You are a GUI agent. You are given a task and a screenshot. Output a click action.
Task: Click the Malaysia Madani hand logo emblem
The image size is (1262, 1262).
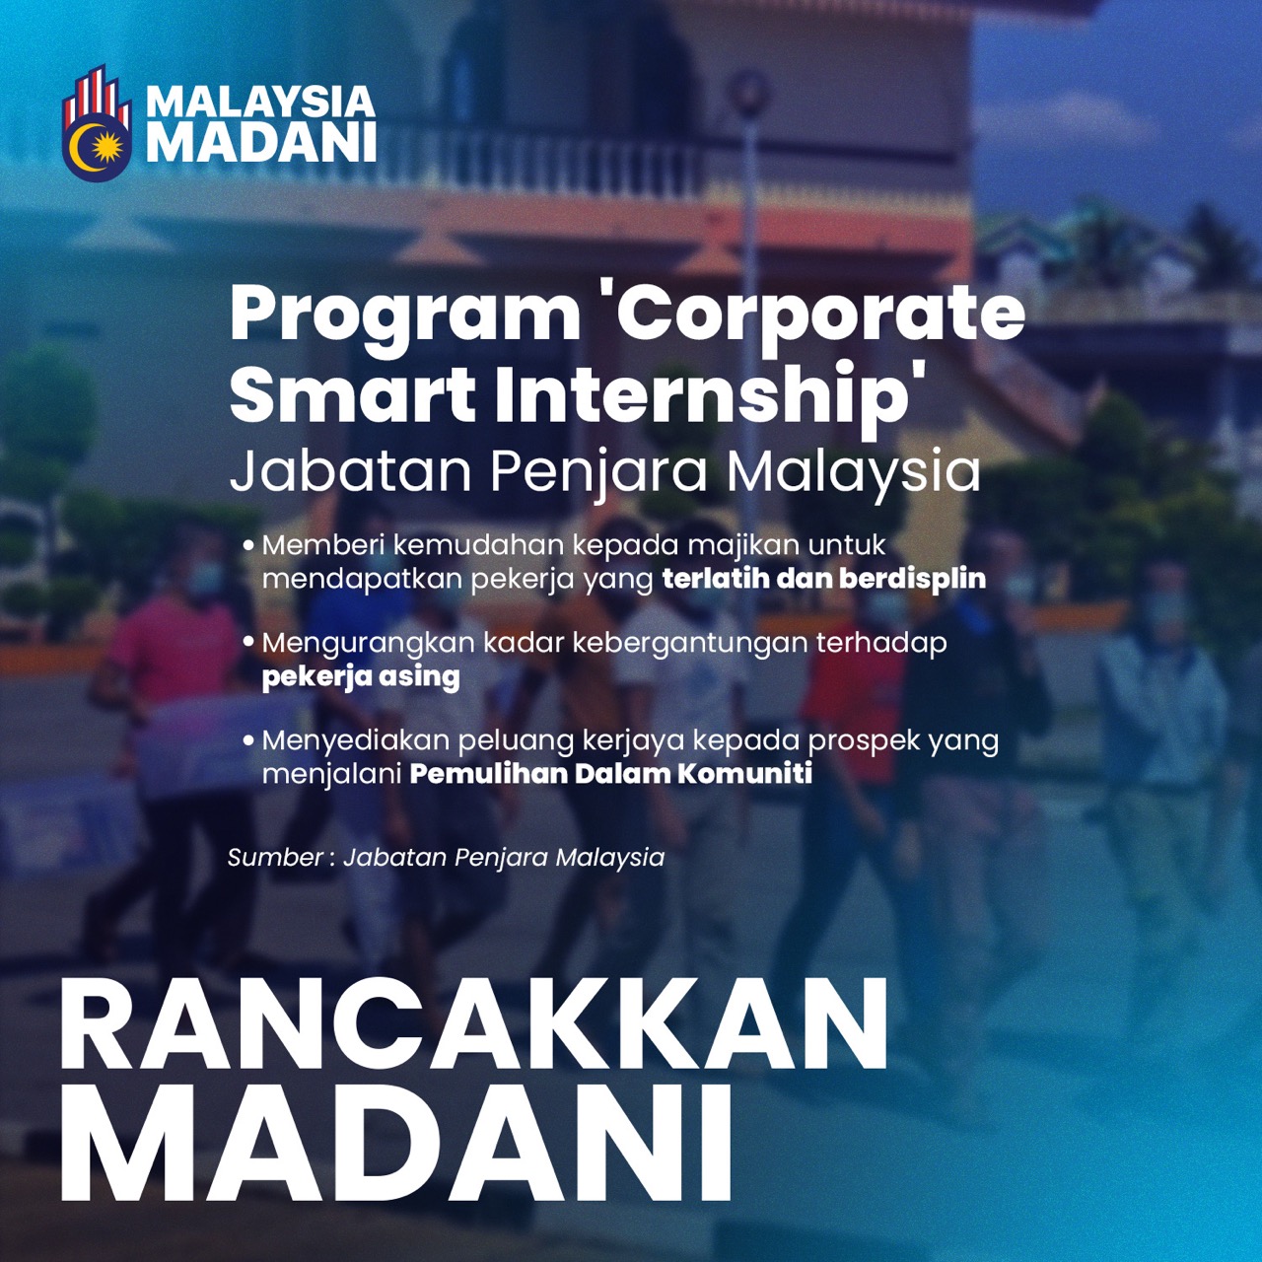click(97, 122)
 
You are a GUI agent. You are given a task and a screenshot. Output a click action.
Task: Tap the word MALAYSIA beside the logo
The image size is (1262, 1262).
click(260, 102)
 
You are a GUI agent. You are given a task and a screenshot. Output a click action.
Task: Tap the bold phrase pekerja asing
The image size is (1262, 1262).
click(361, 677)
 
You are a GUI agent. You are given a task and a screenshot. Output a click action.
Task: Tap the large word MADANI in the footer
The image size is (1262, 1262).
click(395, 1147)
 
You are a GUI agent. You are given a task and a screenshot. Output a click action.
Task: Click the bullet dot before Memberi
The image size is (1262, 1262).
click(248, 545)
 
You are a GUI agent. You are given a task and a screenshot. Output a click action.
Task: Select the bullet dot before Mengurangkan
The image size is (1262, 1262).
click(248, 643)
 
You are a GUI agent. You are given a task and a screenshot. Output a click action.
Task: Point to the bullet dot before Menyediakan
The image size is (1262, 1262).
click(248, 740)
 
